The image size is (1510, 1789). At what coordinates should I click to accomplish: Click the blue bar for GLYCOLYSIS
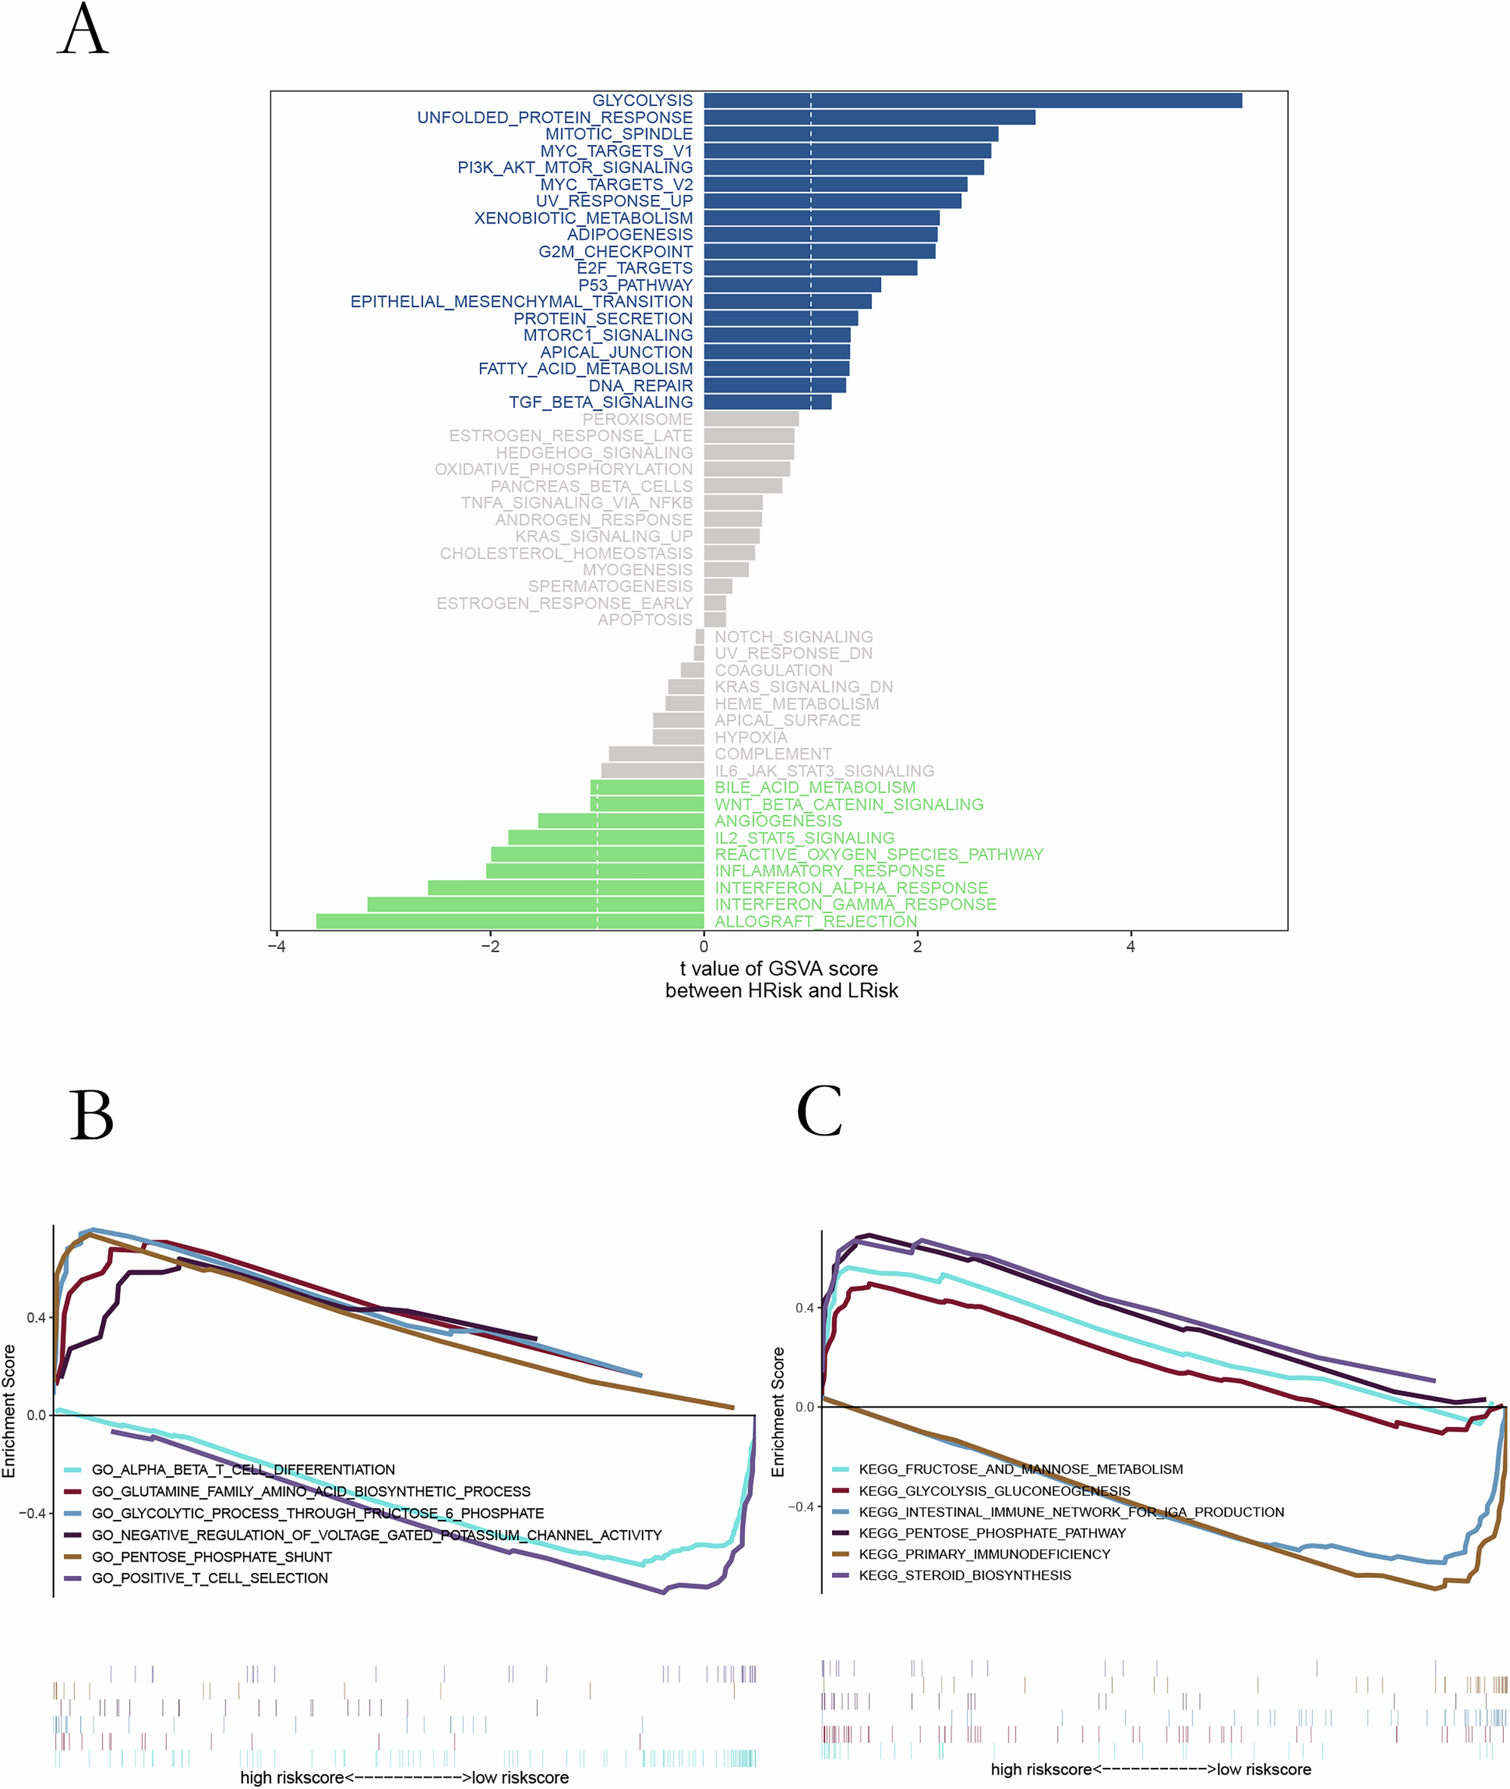pos(972,100)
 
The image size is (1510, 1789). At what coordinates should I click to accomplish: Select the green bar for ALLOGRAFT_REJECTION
pos(510,922)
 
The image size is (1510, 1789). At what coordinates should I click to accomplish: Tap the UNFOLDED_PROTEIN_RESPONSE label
pos(555,117)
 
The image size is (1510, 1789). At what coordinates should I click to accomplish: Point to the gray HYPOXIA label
pos(750,737)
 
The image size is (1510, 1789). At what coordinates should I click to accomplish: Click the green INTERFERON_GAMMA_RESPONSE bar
pos(535,904)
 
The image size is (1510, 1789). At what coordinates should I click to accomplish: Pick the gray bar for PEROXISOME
pos(750,419)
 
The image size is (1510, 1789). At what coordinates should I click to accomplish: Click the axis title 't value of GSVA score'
pos(779,969)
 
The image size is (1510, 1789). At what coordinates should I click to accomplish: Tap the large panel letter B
pos(91,1115)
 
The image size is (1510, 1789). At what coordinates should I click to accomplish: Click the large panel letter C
pos(819,1111)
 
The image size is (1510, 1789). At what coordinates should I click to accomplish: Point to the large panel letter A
pos(83,30)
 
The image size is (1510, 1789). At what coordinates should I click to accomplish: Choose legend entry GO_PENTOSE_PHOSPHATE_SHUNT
pos(211,1557)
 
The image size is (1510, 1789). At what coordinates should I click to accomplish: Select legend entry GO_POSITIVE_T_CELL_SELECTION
pos(210,1578)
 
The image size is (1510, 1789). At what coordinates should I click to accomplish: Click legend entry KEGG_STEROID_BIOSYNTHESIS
pos(965,1575)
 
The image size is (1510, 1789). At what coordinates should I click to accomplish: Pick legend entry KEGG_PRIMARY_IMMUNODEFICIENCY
pos(985,1554)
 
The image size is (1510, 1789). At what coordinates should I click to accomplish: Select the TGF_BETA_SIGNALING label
pos(600,403)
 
